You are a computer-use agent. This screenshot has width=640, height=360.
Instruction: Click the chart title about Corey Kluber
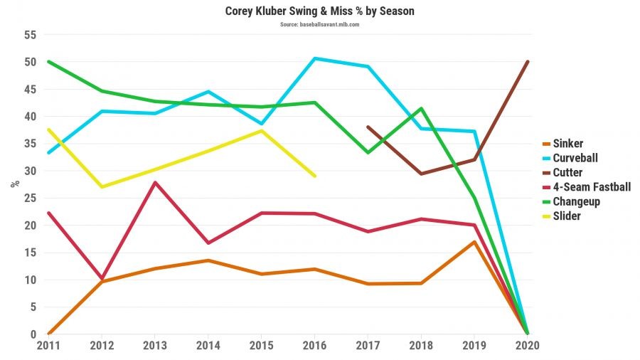pyautogui.click(x=319, y=11)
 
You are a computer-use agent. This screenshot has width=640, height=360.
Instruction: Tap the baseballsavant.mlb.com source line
pyautogui.click(x=319, y=24)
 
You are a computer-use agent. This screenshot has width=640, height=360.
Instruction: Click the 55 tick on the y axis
pyautogui.click(x=29, y=34)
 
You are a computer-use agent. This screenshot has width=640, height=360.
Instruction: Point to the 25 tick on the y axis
pyautogui.click(x=29, y=198)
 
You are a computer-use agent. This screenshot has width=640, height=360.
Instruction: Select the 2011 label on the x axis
pyautogui.click(x=48, y=345)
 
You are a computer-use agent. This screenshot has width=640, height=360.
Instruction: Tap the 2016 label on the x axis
pyautogui.click(x=315, y=345)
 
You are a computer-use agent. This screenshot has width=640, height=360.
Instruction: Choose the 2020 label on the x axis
pyautogui.click(x=528, y=345)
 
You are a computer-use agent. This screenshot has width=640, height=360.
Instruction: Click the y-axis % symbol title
pyautogui.click(x=14, y=184)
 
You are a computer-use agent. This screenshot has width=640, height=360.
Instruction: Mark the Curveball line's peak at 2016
pyautogui.click(x=315, y=58)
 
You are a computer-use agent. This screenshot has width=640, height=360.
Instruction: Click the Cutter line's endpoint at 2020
pyautogui.click(x=528, y=61)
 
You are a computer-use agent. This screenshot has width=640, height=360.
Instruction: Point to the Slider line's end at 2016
pyautogui.click(x=315, y=176)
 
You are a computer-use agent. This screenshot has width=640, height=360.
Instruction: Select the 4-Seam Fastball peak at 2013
pyautogui.click(x=155, y=183)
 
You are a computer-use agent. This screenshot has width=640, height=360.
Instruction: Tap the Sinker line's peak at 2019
pyautogui.click(x=474, y=242)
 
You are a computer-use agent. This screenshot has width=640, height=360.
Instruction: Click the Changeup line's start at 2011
pyautogui.click(x=48, y=61)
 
